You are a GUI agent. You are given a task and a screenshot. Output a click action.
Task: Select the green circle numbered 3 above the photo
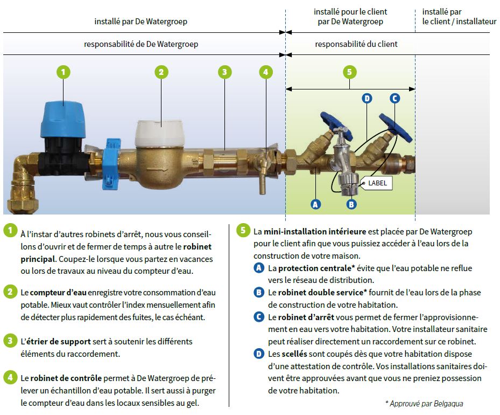coord(224,72)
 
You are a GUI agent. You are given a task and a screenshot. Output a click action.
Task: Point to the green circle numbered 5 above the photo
coord(349,72)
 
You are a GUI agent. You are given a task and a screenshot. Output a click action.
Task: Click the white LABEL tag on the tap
coord(377,183)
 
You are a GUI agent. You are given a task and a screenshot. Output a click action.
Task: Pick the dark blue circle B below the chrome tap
coord(351,204)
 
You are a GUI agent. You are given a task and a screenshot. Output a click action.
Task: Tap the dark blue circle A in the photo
coord(315,204)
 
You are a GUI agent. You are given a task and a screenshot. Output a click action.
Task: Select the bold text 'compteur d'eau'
coord(57,292)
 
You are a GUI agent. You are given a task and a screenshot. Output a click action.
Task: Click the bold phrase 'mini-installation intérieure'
coord(315,231)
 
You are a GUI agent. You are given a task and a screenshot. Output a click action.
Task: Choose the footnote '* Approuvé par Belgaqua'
coord(424,403)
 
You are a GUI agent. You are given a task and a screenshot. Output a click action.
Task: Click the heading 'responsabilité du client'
coord(356,44)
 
